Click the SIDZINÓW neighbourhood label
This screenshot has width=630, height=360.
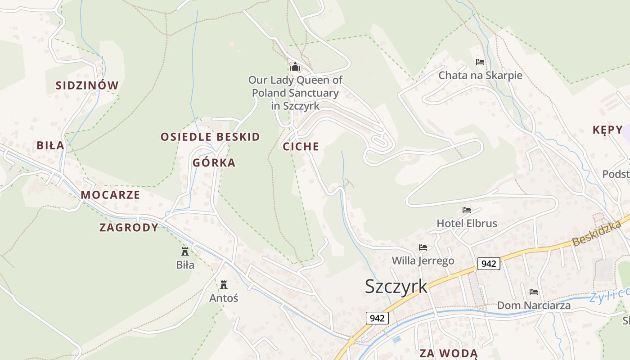point(87,85)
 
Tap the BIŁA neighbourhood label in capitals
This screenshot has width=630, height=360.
point(50,146)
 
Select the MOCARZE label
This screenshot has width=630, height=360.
point(110,195)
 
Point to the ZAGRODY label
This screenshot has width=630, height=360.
point(129,228)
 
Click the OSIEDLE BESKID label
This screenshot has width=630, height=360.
point(210,137)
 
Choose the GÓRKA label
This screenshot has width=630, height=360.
point(214,163)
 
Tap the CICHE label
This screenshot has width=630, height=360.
point(301,147)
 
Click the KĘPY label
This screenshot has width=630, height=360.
point(607,130)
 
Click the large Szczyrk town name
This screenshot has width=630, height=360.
point(396,287)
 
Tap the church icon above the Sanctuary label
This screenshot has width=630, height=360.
point(295,67)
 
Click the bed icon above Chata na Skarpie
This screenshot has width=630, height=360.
point(480,62)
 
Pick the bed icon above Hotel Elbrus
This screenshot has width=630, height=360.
point(467,210)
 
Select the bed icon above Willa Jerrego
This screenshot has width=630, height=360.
point(423,247)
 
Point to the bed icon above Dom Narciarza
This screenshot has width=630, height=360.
point(534,292)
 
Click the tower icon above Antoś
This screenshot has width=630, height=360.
point(224,284)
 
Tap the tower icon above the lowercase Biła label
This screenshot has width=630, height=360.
point(185,251)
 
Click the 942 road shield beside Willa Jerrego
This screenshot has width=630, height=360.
point(488,263)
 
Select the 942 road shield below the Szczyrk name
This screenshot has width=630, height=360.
point(377,318)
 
